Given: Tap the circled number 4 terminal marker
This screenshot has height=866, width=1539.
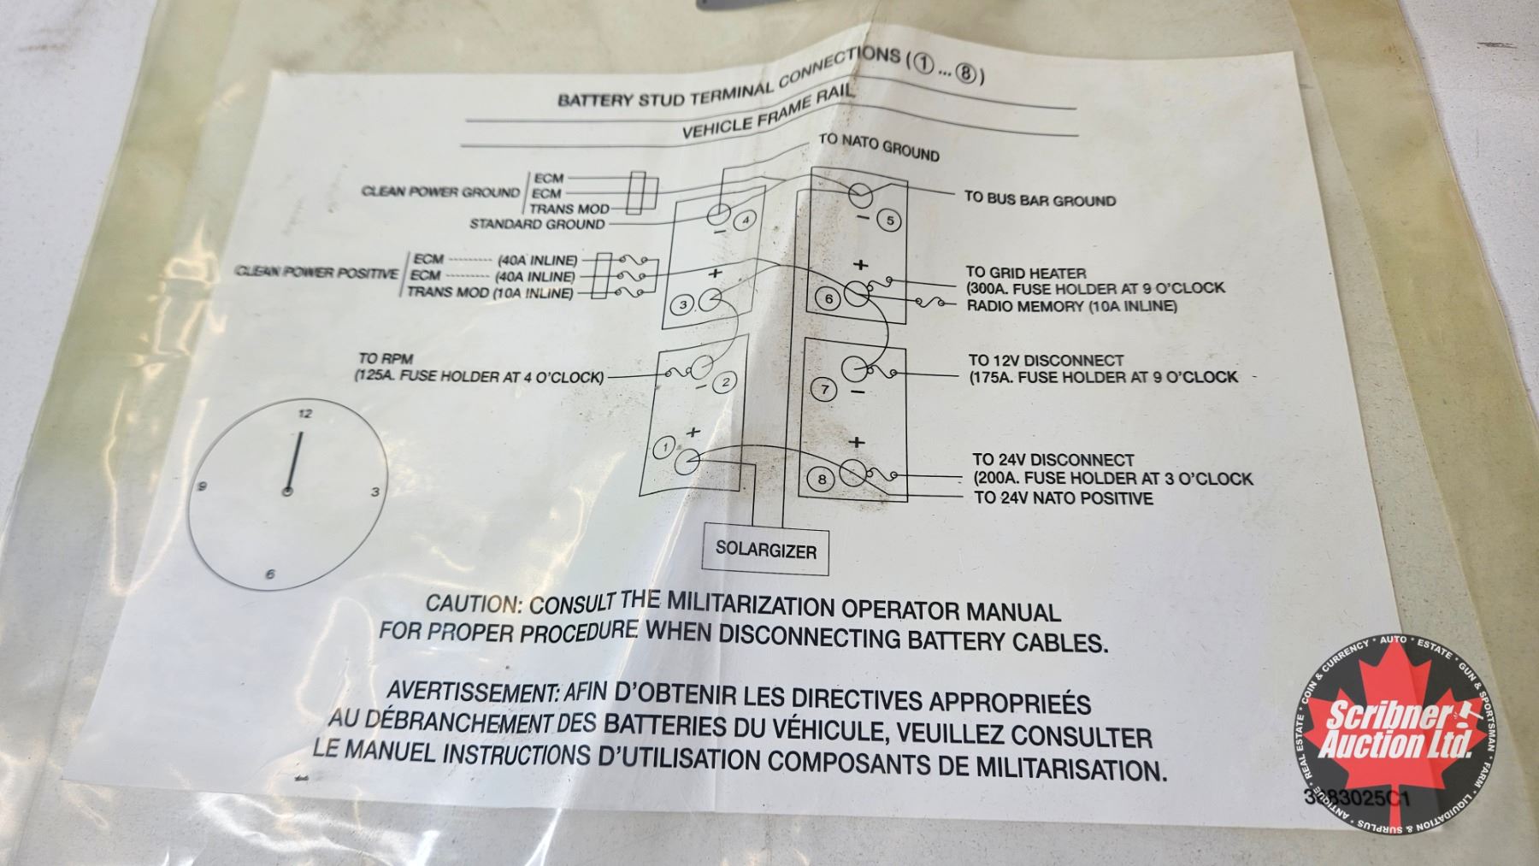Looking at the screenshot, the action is coord(746,220).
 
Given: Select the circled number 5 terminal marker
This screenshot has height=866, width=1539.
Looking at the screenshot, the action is coord(889,221).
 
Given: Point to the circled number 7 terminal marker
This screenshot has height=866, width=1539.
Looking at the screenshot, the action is coord(824,390).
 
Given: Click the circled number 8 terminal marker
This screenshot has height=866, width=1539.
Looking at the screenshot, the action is coord(822,479).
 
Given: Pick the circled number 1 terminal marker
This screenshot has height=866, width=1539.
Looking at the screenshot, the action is coord(664,448).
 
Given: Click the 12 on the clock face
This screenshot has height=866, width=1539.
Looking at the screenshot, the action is coord(305,414).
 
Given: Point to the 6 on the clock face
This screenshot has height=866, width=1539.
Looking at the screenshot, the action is coord(270,574).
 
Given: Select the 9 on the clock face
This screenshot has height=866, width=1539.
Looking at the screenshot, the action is coord(203,487).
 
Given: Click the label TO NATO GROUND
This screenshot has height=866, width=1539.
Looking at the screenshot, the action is coord(879,147).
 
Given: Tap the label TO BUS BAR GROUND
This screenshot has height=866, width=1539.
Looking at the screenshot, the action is coord(1040,199).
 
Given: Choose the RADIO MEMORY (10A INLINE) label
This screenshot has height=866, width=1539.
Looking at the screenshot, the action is coord(1071,306).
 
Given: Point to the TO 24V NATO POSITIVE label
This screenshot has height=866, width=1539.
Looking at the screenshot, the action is coord(1063,498).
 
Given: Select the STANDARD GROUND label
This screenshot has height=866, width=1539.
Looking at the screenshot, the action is coord(537,224).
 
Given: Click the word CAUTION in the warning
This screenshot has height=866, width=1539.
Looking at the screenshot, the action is coord(473,604).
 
